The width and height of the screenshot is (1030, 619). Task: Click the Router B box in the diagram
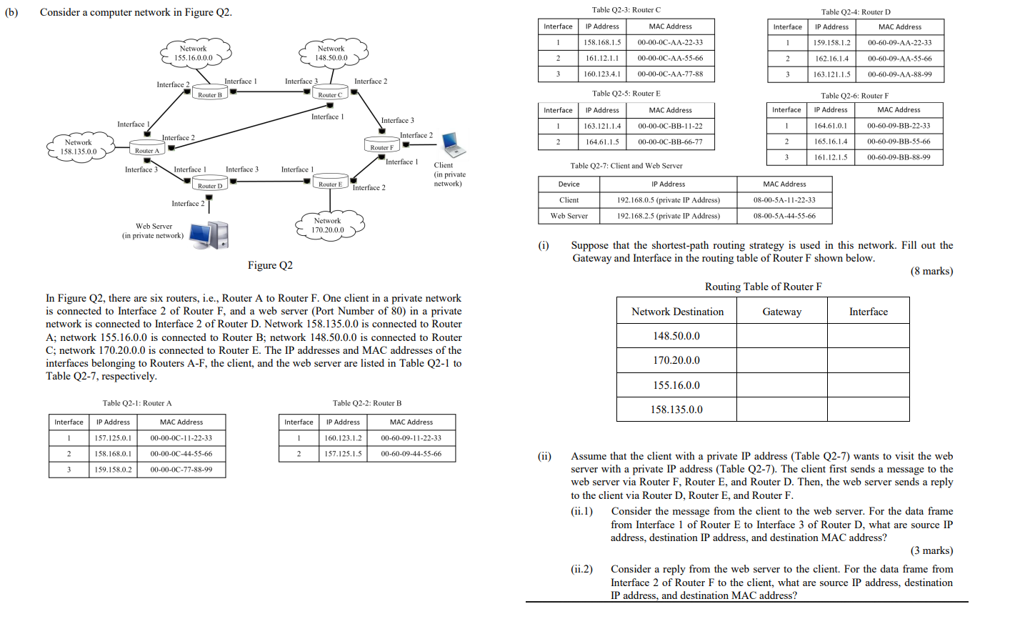coord(210,94)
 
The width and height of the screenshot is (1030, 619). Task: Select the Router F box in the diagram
coord(381,147)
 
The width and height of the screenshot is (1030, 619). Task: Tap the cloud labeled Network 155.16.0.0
coord(194,54)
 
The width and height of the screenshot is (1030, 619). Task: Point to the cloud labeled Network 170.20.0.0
coord(329,225)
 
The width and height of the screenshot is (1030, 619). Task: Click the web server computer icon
coord(210,234)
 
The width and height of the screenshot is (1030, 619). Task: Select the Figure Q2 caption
coord(270,265)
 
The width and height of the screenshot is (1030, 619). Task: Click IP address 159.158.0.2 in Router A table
coord(113,470)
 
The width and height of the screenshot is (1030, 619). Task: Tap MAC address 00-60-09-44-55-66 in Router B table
coord(411,454)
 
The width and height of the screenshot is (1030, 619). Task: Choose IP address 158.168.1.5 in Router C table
coord(602,42)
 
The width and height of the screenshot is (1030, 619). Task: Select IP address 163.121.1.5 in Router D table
coord(831,74)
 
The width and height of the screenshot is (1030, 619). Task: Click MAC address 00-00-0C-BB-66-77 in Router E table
coord(670,142)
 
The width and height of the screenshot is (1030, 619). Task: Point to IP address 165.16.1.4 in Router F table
coord(831,142)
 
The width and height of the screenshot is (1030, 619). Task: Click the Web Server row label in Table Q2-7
coord(569,216)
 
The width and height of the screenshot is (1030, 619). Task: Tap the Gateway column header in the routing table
coord(781,312)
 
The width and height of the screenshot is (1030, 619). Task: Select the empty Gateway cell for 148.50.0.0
coord(781,336)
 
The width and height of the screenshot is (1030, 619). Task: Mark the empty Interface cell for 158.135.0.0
coord(868,410)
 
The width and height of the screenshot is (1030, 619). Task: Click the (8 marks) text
coord(931,271)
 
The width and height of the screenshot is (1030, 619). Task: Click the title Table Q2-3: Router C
coord(626,10)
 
